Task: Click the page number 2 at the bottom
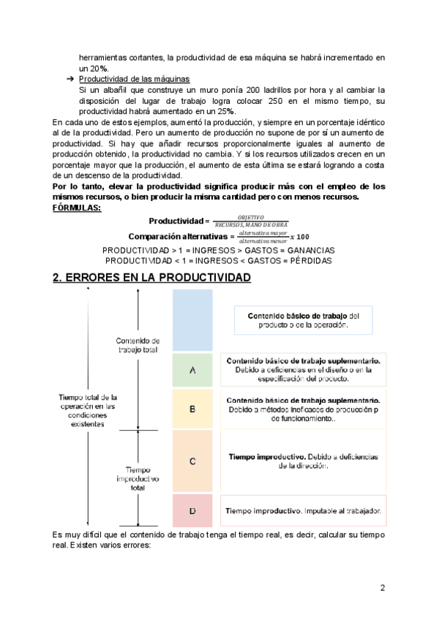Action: [x=382, y=587]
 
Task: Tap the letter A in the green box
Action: [x=192, y=371]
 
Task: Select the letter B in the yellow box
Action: [x=192, y=409]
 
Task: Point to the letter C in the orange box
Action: [x=192, y=461]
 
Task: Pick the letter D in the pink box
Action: [x=192, y=510]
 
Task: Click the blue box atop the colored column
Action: [x=192, y=321]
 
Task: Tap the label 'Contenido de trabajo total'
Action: [x=138, y=345]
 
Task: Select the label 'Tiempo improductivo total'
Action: [x=136, y=478]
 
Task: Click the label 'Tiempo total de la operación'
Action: [x=89, y=409]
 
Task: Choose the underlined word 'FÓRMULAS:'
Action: [x=78, y=208]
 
